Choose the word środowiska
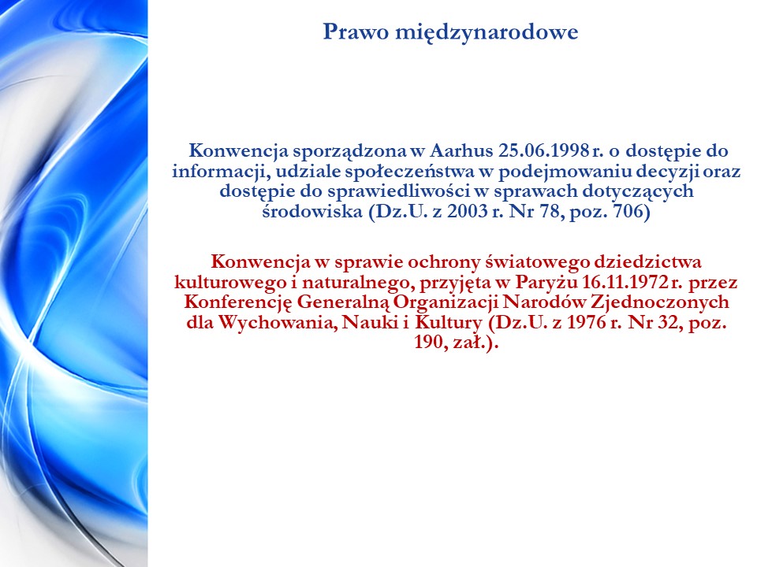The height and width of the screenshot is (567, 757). pos(312,211)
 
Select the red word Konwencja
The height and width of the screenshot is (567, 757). pos(261,261)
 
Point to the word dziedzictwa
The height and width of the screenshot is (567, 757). pos(648,261)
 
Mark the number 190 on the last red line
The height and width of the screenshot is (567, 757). pos(429,343)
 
